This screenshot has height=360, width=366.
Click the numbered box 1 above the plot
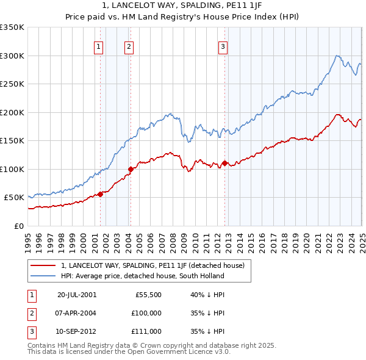[98, 46]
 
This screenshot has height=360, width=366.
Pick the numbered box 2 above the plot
[129, 46]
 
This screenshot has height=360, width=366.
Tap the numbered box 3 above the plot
[223, 46]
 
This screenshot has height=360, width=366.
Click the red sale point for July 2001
[101, 195]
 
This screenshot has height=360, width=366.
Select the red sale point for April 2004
[131, 169]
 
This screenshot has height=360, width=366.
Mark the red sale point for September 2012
[224, 163]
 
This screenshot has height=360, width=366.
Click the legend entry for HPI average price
[142, 276]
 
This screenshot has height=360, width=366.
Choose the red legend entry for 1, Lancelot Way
[152, 265]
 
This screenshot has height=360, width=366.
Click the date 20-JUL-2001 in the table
[77, 294]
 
